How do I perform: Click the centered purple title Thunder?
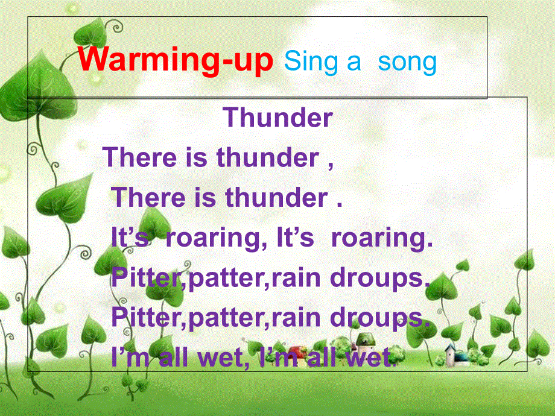[277, 118]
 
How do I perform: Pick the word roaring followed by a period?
[382, 238]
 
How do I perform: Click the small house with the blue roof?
[457, 355]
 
